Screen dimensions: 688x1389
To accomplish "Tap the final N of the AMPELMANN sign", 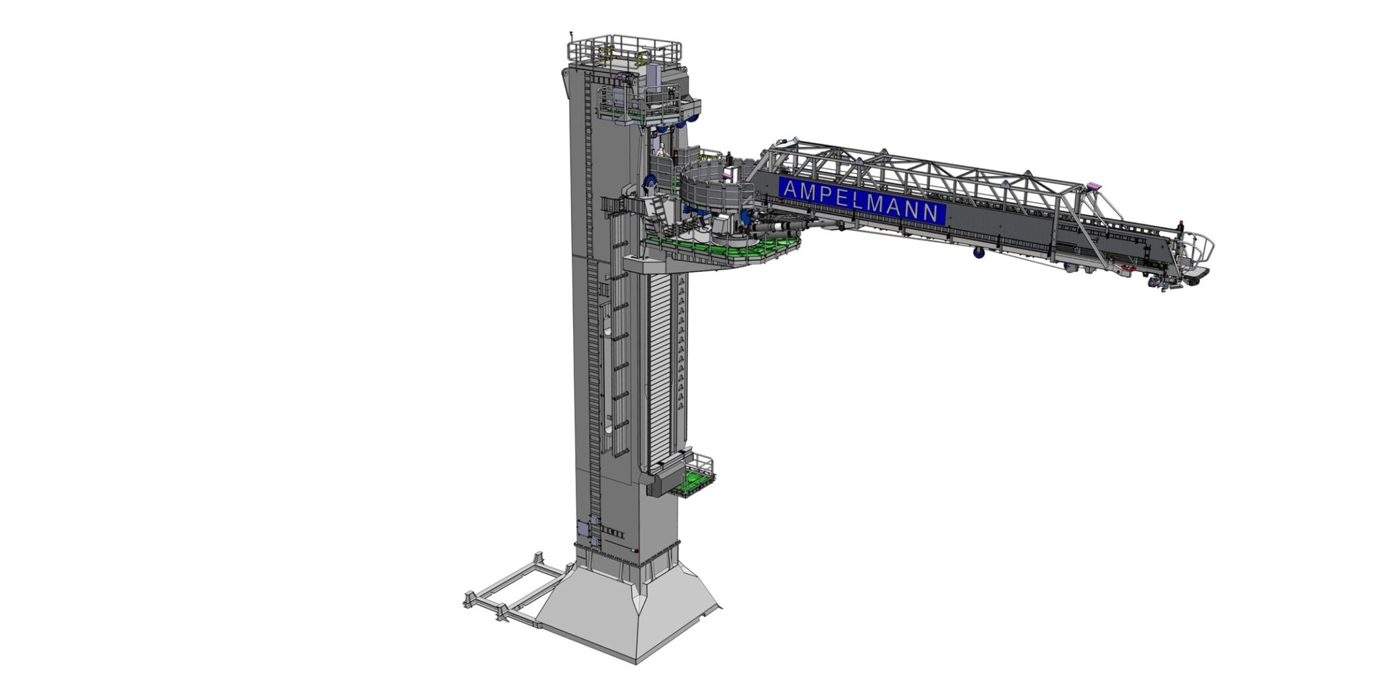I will (x=933, y=213).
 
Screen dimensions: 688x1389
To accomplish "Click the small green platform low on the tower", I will (x=692, y=483).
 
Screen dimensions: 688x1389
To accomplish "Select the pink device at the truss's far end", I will (x=1091, y=185).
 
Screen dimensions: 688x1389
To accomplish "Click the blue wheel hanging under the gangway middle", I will (x=979, y=253).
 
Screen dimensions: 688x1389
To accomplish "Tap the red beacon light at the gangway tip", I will (x=1180, y=223).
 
